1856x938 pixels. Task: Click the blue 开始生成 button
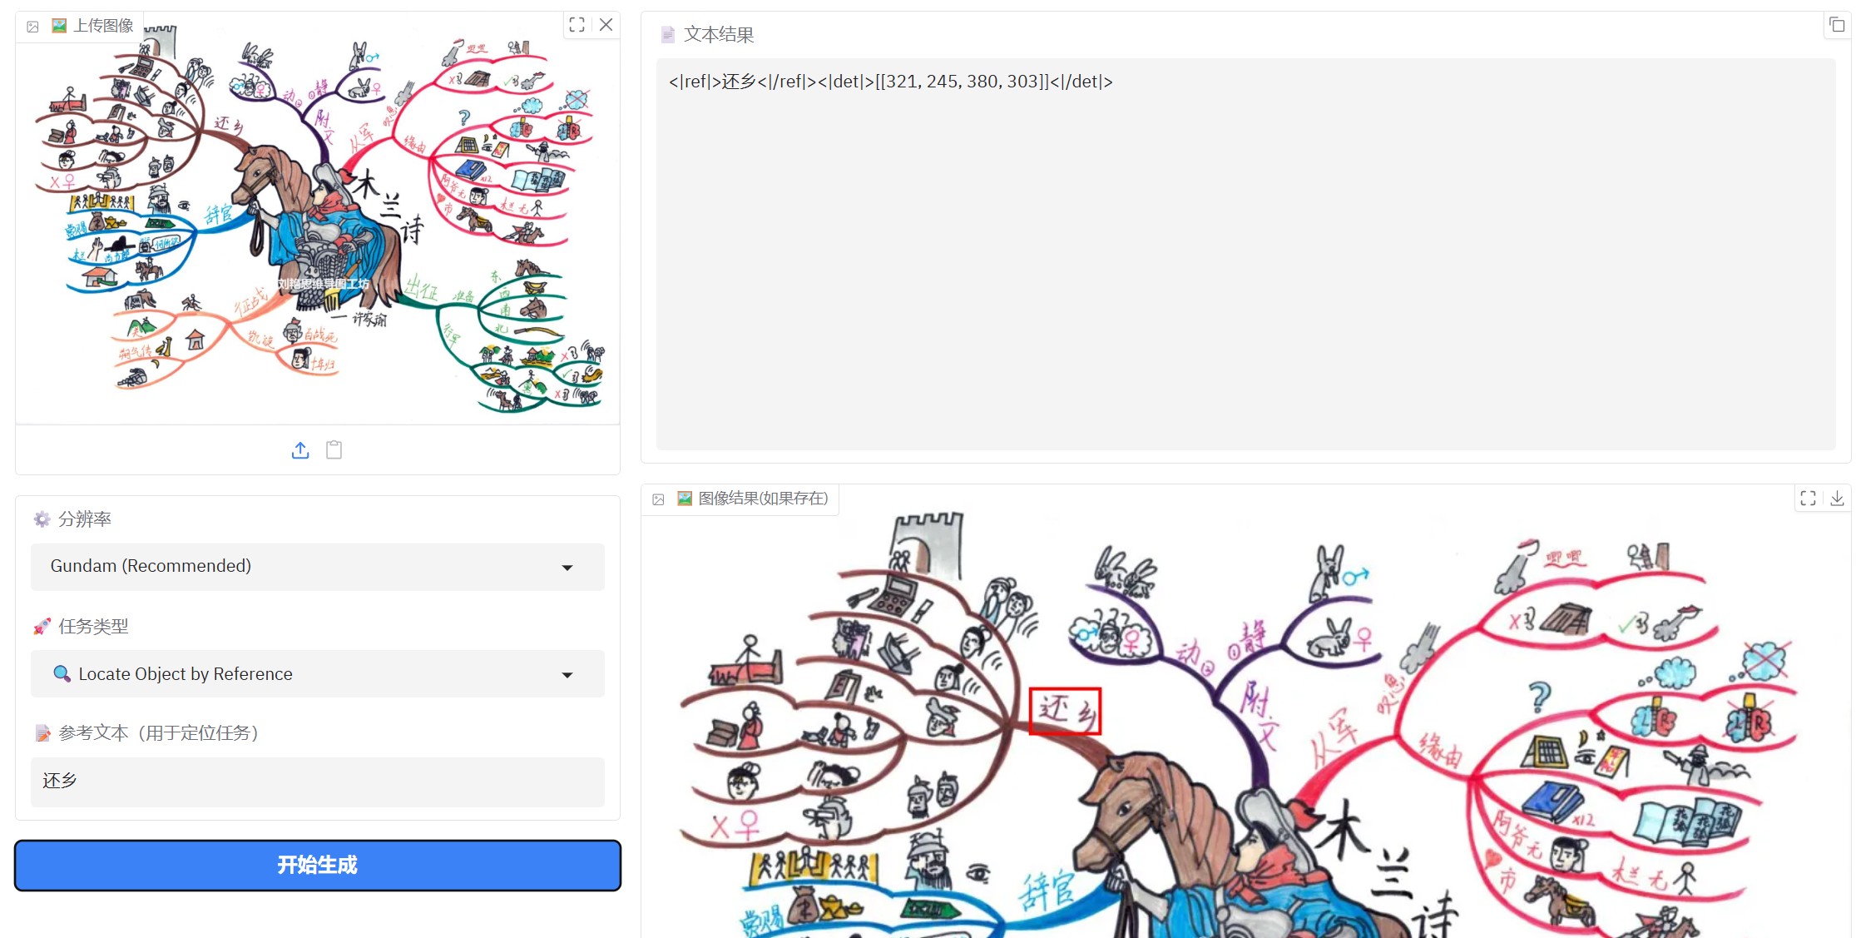(x=317, y=865)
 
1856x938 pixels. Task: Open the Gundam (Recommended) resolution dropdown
(x=317, y=567)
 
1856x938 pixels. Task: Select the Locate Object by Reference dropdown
(x=317, y=674)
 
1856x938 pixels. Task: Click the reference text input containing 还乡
(x=317, y=782)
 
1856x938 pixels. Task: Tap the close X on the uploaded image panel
(x=606, y=25)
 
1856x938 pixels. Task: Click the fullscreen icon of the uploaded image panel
(x=577, y=25)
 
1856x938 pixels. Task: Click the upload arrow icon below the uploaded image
(x=300, y=450)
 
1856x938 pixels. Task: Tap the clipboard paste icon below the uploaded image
(x=334, y=450)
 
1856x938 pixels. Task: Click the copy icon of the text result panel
(x=1837, y=25)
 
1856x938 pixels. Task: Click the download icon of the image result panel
(x=1837, y=499)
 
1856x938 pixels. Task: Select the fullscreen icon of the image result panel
(x=1808, y=499)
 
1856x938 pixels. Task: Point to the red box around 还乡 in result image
(x=1065, y=711)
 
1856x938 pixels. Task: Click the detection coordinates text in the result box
(x=890, y=82)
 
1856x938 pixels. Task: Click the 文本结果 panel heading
(x=718, y=35)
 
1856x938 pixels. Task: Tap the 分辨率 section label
(x=84, y=519)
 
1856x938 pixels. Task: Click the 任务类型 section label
(x=92, y=627)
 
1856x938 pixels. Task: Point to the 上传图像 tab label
(x=102, y=26)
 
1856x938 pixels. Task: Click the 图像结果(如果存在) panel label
(x=762, y=499)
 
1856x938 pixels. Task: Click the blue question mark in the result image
(x=1539, y=695)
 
